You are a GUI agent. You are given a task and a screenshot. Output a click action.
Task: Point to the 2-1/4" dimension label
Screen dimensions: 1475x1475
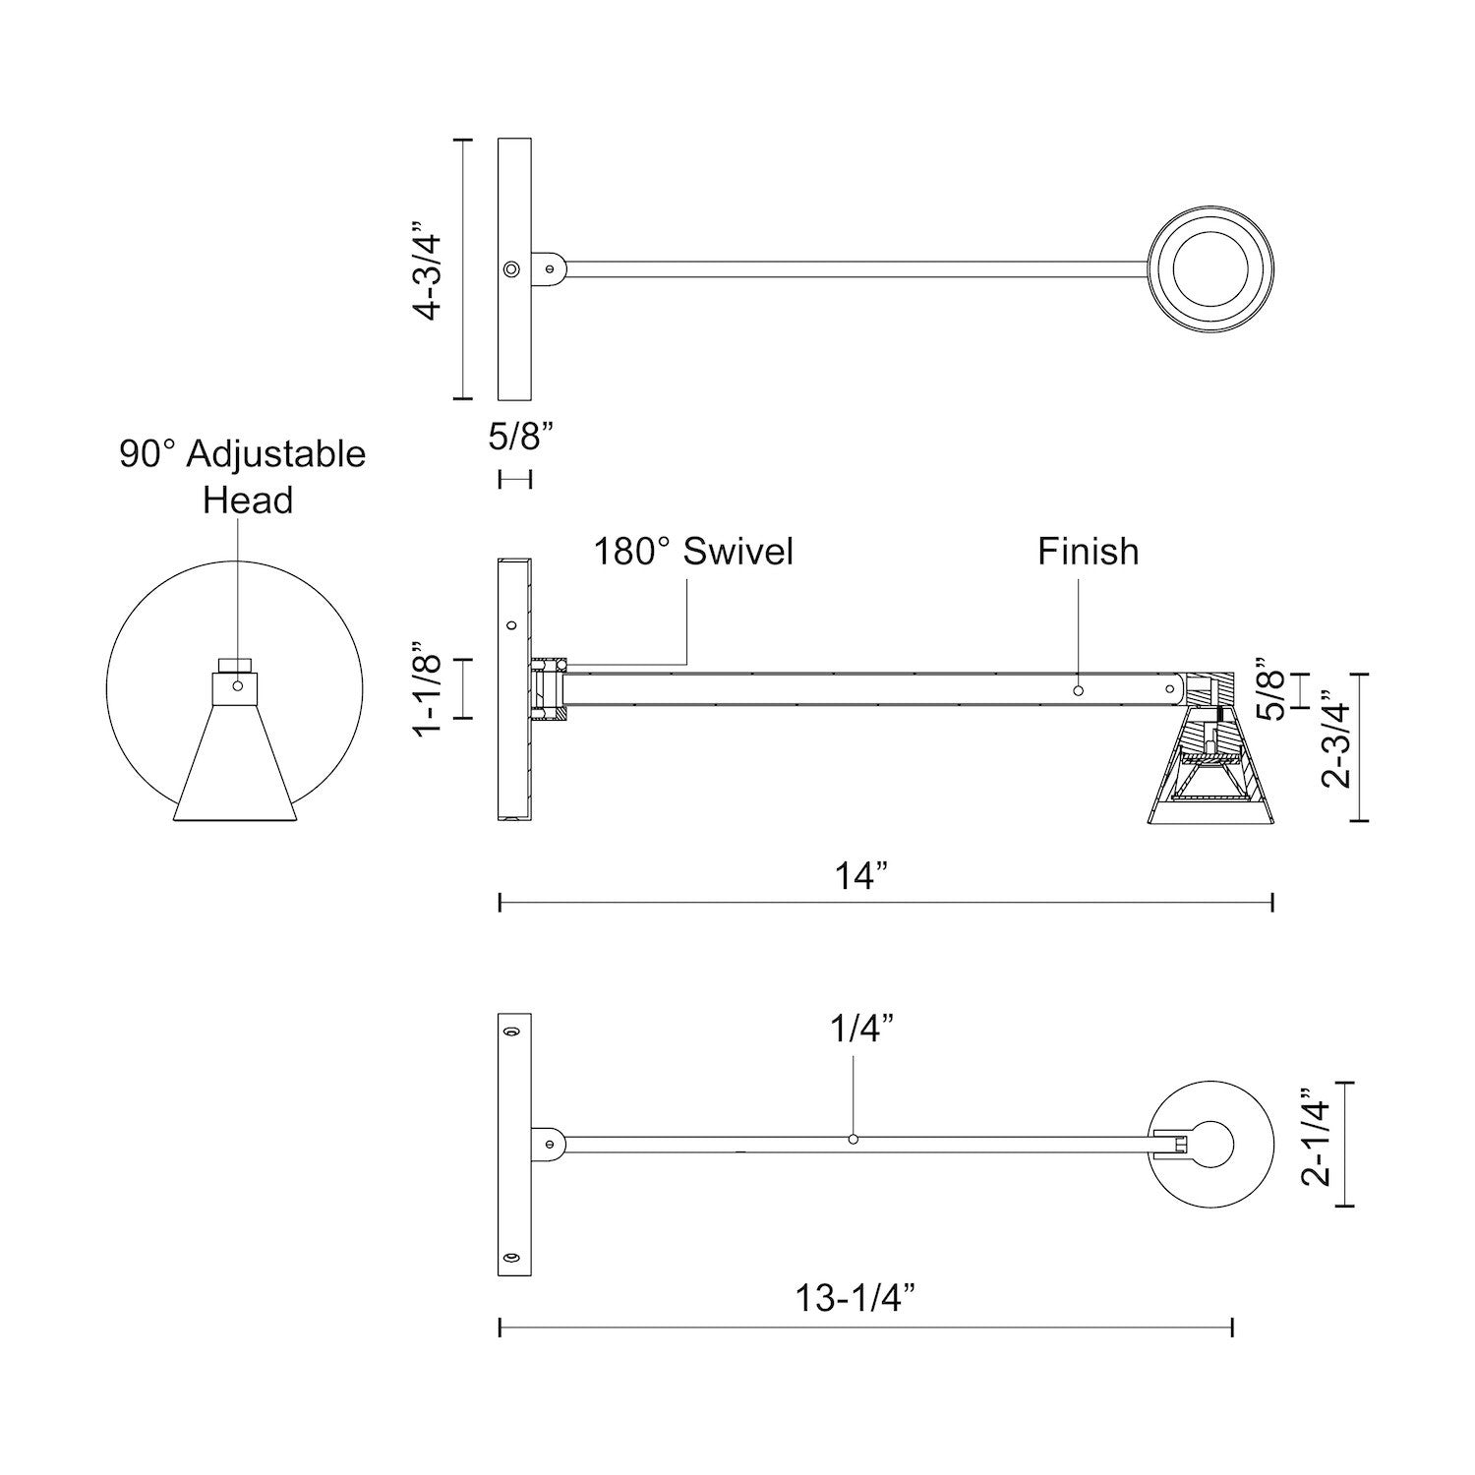click(x=1318, y=1137)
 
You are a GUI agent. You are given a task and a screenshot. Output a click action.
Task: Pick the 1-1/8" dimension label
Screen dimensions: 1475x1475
click(x=430, y=687)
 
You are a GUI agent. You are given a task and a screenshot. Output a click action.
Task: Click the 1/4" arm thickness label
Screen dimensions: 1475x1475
click(x=861, y=1030)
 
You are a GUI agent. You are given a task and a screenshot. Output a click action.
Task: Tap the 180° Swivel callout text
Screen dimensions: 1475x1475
click(x=692, y=551)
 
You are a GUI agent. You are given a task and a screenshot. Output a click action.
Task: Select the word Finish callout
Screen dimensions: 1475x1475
click(x=1088, y=551)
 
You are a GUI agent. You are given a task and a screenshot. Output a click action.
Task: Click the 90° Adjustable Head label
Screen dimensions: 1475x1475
click(x=243, y=477)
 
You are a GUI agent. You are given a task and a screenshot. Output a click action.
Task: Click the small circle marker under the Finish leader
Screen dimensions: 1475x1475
click(x=1078, y=691)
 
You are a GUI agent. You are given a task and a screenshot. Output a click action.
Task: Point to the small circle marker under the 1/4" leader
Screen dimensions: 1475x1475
click(x=853, y=1139)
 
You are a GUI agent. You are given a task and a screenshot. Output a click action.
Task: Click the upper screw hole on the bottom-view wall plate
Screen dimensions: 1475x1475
click(x=510, y=1032)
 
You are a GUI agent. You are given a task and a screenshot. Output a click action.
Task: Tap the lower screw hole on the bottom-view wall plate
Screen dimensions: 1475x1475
click(x=510, y=1258)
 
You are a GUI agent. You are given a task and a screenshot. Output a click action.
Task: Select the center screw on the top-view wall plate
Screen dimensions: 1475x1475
click(x=510, y=269)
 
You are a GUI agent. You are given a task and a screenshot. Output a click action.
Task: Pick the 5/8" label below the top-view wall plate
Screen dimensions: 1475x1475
click(x=514, y=436)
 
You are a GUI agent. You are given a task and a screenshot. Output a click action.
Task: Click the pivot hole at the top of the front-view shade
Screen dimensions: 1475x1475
click(x=236, y=684)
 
